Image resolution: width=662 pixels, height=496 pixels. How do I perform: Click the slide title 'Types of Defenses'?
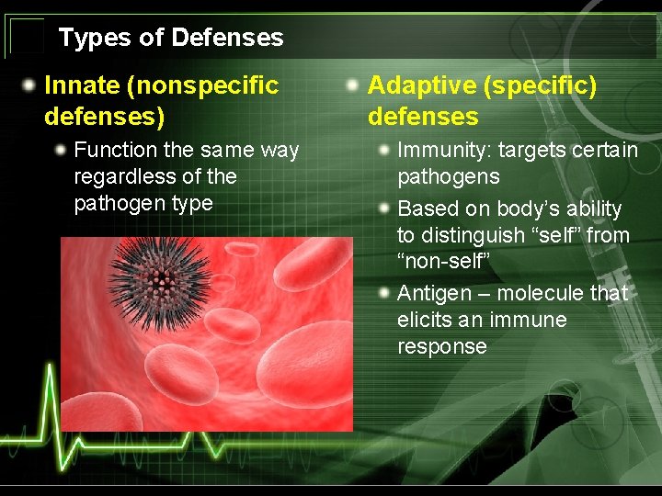click(x=171, y=38)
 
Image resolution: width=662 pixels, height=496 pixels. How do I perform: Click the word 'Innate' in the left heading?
click(x=82, y=85)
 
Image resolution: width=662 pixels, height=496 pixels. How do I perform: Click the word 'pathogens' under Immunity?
click(x=448, y=176)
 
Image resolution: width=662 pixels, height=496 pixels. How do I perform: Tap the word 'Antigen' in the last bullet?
click(x=432, y=293)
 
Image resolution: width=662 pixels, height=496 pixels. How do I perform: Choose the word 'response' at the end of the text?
click(x=441, y=346)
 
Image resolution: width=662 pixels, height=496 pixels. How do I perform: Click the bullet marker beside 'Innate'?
click(x=30, y=85)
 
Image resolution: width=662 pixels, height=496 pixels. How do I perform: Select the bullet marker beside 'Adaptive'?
click(x=353, y=85)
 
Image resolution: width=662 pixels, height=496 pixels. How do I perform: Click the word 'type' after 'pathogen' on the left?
click(x=194, y=203)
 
